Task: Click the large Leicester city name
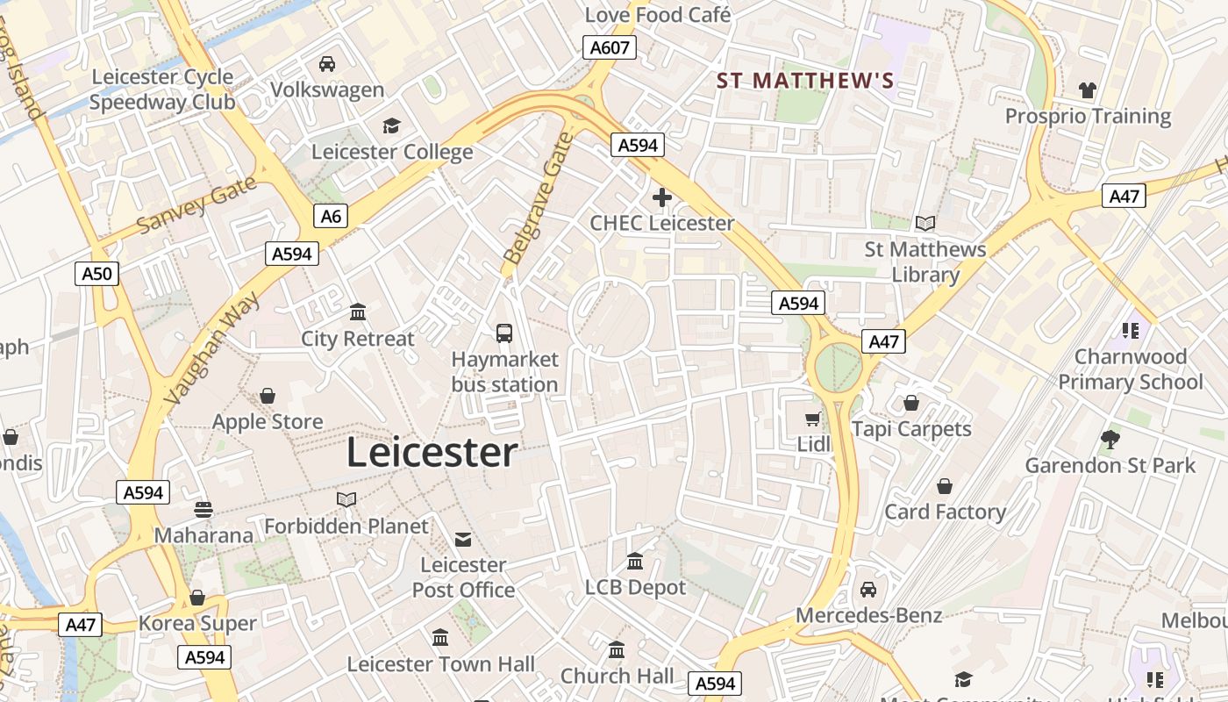432,453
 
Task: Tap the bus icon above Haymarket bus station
504,333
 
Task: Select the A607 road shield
610,47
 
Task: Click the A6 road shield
331,216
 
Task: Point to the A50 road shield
96,274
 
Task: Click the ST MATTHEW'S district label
805,81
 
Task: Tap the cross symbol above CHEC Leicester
662,198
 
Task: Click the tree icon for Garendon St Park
1110,440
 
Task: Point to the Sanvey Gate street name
196,205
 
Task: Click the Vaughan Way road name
211,348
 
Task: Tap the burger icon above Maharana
203,510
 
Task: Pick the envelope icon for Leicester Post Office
463,540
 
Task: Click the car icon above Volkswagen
327,64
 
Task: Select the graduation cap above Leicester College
391,126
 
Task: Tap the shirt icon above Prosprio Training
1088,90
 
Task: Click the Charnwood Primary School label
1130,369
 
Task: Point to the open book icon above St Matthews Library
925,224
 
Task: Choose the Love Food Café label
658,14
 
